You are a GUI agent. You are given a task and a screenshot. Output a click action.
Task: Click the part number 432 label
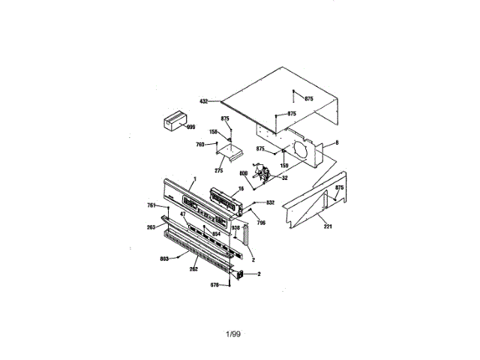(x=203, y=100)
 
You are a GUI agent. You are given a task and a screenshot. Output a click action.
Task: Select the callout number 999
(x=190, y=127)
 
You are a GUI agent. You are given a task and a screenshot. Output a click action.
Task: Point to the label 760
(x=200, y=145)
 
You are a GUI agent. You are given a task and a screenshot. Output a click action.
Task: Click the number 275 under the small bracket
(x=219, y=171)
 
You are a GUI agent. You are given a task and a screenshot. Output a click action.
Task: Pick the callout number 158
(x=214, y=132)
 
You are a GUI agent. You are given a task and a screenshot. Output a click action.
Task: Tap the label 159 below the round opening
(x=283, y=165)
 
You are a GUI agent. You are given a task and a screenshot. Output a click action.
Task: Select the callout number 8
(x=337, y=142)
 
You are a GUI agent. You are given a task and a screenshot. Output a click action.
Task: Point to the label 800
(x=244, y=174)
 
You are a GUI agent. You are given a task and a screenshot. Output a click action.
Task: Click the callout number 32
(x=285, y=178)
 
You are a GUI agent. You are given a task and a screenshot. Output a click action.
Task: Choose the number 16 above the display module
(x=241, y=189)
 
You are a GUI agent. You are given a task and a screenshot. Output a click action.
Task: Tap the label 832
(x=271, y=203)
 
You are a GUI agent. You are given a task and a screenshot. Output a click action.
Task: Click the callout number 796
(x=260, y=223)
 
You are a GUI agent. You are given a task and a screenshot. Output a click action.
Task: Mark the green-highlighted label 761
(x=150, y=205)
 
